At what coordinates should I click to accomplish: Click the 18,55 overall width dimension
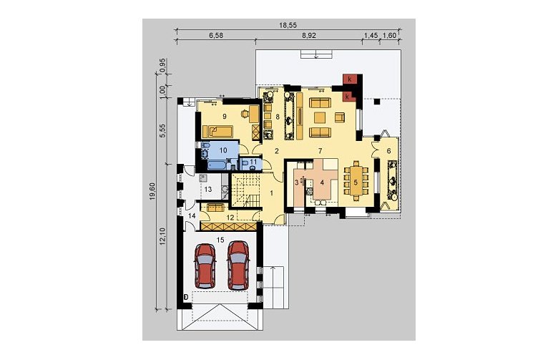point(288,25)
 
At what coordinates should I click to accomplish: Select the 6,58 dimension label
point(215,35)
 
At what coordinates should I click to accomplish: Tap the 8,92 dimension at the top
point(309,35)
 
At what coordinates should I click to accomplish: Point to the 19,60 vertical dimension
point(152,191)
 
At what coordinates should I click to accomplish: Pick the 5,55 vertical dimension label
point(163,132)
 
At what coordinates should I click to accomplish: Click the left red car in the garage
point(205,266)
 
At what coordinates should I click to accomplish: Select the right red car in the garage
point(238,266)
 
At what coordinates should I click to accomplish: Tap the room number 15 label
point(220,240)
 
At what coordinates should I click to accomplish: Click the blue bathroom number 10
point(223,150)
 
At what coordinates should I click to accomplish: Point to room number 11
point(253,162)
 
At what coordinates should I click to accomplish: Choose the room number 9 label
point(225,116)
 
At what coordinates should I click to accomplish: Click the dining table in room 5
point(356,181)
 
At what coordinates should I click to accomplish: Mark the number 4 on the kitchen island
point(322,183)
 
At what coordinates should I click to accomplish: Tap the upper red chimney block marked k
point(350,79)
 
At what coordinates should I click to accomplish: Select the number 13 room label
point(208,189)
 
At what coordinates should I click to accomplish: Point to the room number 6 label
point(388,151)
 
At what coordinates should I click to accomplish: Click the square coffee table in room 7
point(320,117)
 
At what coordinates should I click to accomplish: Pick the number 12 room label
point(230,217)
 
